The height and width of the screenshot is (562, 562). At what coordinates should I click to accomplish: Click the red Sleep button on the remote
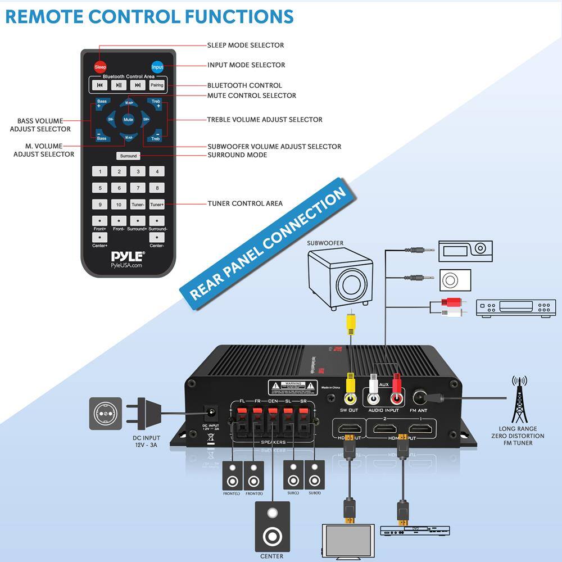click(100, 67)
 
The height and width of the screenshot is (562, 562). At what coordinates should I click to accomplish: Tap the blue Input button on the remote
click(157, 67)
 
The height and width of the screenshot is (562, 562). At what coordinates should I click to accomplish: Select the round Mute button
click(128, 119)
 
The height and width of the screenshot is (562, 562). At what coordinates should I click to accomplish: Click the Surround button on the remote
click(128, 156)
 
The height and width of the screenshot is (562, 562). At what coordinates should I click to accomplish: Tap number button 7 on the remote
click(138, 188)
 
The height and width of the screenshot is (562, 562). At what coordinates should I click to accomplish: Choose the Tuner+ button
click(157, 205)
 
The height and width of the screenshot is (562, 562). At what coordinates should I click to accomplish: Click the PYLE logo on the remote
click(127, 256)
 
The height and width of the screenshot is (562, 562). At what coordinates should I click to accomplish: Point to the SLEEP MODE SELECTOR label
click(246, 45)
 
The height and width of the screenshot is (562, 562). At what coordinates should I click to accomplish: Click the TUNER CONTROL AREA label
click(245, 203)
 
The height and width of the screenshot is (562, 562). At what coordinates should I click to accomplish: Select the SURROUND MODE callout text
click(237, 155)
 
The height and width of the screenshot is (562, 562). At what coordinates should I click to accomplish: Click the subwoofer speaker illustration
click(341, 278)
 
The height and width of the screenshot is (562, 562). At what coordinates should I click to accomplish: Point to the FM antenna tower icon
click(519, 399)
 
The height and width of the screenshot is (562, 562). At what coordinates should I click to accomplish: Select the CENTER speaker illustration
click(273, 527)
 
